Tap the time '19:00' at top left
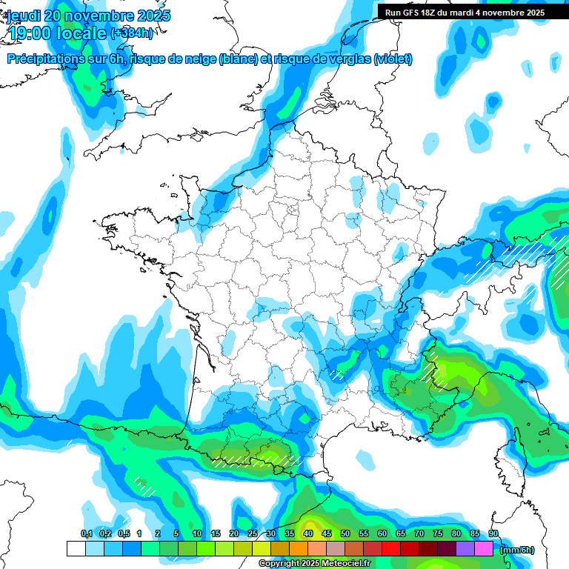pyautogui.click(x=34, y=34)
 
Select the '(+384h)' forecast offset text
pyautogui.click(x=132, y=33)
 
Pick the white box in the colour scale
pyautogui.click(x=76, y=549)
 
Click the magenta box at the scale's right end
pyautogui.click(x=484, y=549)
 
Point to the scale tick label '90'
pyautogui.click(x=493, y=533)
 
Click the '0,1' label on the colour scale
pyautogui.click(x=86, y=533)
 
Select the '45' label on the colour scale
pyautogui.click(x=327, y=533)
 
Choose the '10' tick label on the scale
pyautogui.click(x=196, y=533)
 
